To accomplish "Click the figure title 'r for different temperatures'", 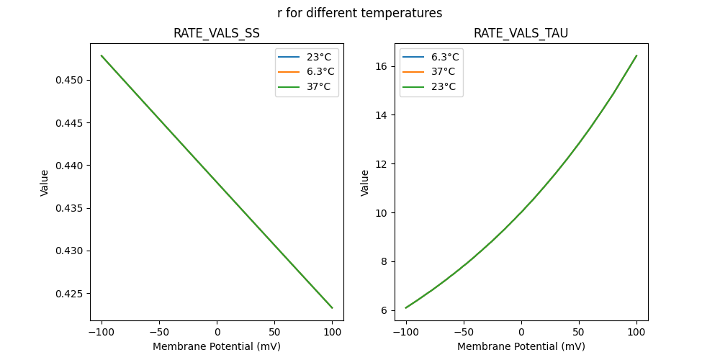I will click(x=359, y=13).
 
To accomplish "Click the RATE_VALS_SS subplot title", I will click(x=216, y=34).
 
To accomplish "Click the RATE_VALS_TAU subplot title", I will click(x=521, y=34).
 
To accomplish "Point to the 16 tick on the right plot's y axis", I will click(x=382, y=66).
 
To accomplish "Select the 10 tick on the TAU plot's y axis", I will click(x=382, y=213).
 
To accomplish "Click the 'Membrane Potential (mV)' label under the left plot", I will click(x=217, y=346).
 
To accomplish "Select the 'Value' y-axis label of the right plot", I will click(x=365, y=183).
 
